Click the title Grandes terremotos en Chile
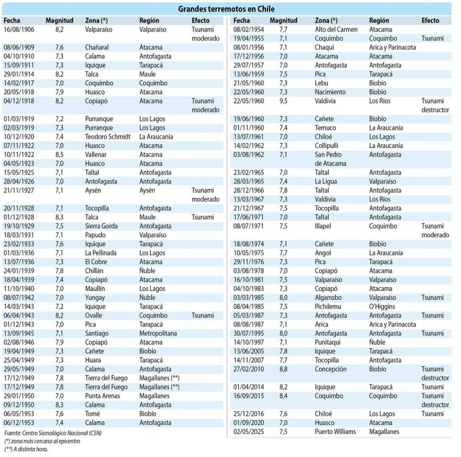coord(226,9)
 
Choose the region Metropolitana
coord(158,333)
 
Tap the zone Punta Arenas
coord(103,396)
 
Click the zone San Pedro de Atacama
coord(330,159)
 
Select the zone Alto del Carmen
coord(336,30)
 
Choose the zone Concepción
coord(331,369)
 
